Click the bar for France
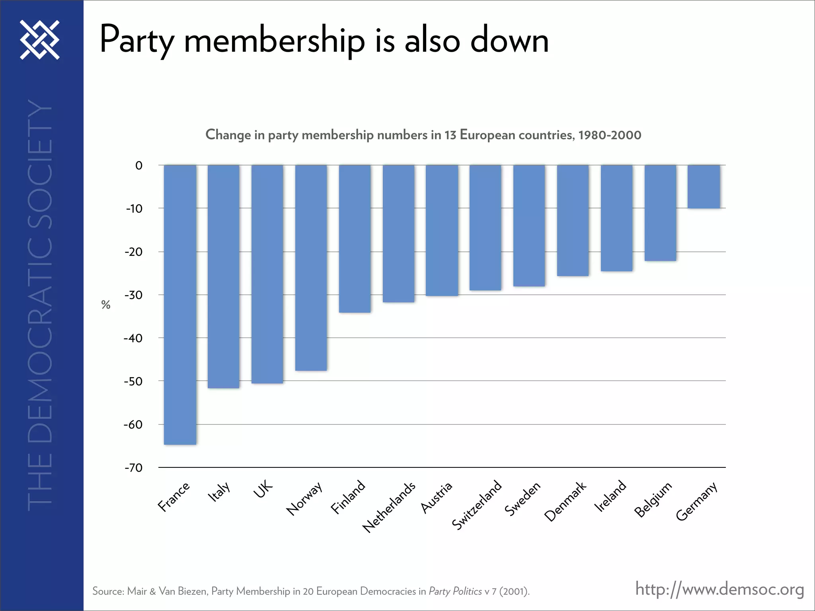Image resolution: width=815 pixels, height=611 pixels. [180, 304]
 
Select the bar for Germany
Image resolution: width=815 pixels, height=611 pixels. [704, 186]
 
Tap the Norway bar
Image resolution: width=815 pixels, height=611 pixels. [311, 267]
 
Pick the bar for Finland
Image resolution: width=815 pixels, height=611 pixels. [355, 239]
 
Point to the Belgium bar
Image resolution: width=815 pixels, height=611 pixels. [660, 213]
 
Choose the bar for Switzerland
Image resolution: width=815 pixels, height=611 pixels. [485, 227]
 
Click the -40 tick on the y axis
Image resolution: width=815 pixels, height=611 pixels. [133, 339]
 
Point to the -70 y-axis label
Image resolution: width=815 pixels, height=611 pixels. [133, 468]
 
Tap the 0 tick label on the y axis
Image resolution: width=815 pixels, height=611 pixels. [138, 165]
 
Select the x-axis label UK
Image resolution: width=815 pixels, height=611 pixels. [263, 489]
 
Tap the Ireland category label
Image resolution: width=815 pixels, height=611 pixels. [610, 496]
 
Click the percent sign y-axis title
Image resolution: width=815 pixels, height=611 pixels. [105, 305]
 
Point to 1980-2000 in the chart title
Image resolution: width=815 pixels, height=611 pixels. [610, 135]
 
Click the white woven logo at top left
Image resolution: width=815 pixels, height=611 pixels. [40, 40]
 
